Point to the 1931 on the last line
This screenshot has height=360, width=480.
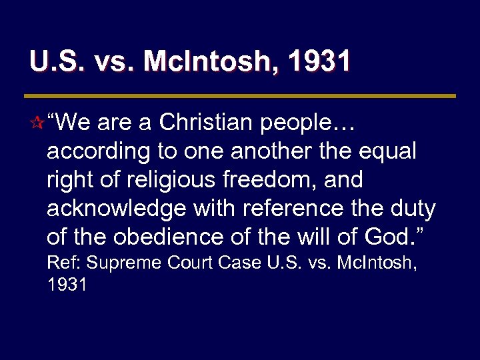coord(67,285)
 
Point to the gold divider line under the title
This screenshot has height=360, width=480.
coord(240,96)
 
